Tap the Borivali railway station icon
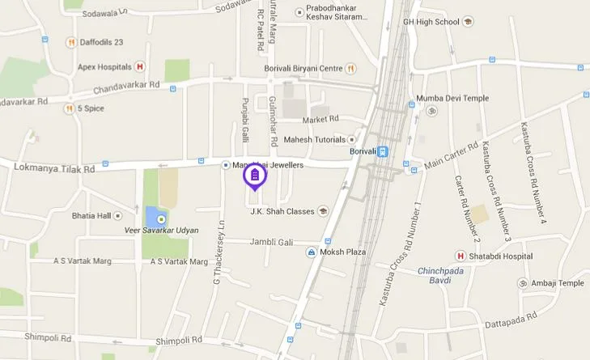(383, 151)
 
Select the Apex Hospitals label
(104, 66)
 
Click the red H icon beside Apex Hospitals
(140, 66)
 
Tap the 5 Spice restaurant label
(91, 108)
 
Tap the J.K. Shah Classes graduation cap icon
(323, 211)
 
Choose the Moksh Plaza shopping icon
(311, 252)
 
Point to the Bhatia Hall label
(91, 216)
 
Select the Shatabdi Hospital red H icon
(460, 256)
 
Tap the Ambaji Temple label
(557, 283)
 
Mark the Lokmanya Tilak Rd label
(54, 168)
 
